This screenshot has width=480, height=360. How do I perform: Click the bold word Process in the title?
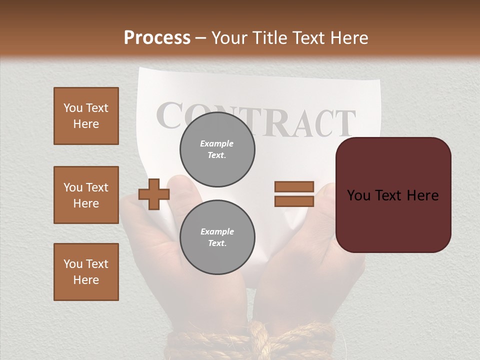[157, 38]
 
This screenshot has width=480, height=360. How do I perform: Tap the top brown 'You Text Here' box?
[86, 116]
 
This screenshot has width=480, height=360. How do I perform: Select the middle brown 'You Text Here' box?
[86, 195]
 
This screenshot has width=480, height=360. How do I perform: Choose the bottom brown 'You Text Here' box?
[86, 272]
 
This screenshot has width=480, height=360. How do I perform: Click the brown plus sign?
[154, 194]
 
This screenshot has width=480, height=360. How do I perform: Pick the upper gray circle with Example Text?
[217, 149]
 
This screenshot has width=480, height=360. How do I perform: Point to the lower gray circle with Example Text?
[217, 237]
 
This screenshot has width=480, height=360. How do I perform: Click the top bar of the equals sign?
[294, 187]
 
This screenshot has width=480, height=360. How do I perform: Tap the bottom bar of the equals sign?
[294, 201]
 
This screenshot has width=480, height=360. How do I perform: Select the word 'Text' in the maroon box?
[392, 195]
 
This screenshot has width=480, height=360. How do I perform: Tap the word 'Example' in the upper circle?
[217, 143]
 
